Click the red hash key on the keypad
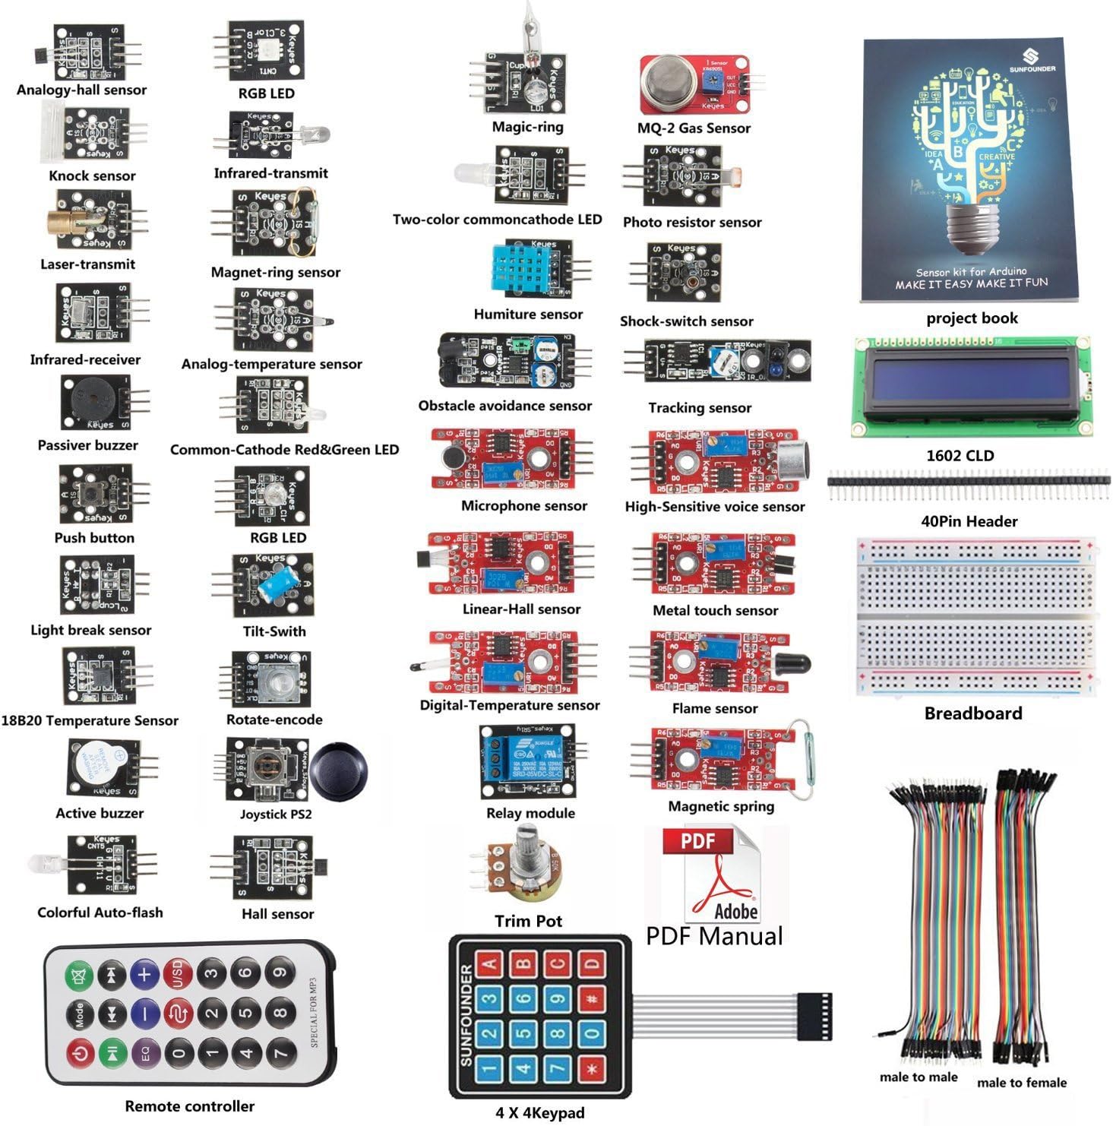592,998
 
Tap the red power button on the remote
79,1052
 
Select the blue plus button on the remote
144,974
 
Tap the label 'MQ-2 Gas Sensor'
694,128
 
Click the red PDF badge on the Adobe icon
697,841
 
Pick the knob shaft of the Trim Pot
527,843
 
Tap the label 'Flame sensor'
714,709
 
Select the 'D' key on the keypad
593,964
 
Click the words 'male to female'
1021,1083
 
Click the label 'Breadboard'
972,713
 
